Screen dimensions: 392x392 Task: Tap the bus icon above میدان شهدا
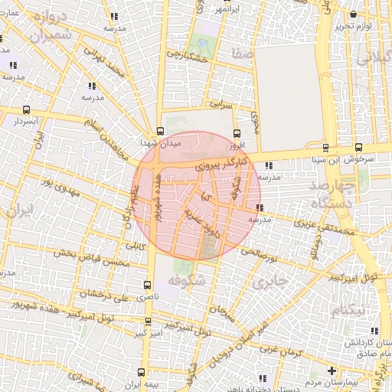point(160,130)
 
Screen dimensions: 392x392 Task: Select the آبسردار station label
point(27,121)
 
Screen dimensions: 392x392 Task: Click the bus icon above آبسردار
point(28,109)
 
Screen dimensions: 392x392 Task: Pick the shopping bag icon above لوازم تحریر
point(351,14)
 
